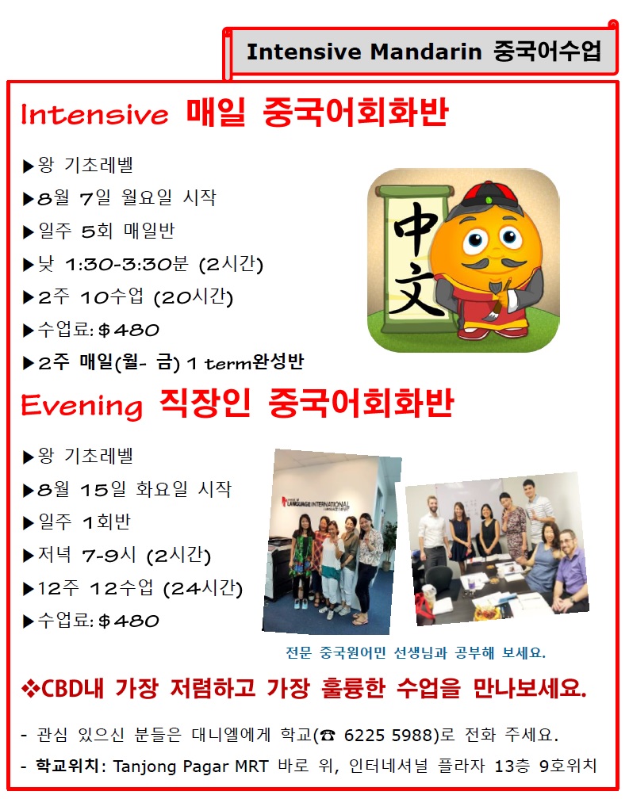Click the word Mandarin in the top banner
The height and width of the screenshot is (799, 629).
pos(426,52)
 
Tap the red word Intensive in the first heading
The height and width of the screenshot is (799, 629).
pos(95,114)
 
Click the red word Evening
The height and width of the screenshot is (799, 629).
pos(82,406)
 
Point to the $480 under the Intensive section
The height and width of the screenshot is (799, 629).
pos(128,331)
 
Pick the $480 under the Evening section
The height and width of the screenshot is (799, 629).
pos(128,621)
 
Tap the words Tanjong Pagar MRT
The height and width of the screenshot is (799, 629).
pos(190,766)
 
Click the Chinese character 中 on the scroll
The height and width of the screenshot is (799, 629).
pos(416,227)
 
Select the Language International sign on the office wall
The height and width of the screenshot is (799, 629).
pos(316,503)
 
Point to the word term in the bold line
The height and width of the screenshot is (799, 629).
pos(228,363)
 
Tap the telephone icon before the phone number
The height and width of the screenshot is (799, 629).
pos(328,736)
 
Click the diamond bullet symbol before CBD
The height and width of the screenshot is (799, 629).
pos(31,689)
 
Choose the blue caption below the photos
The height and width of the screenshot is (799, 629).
pos(416,653)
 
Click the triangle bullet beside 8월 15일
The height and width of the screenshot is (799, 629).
pos(28,491)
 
